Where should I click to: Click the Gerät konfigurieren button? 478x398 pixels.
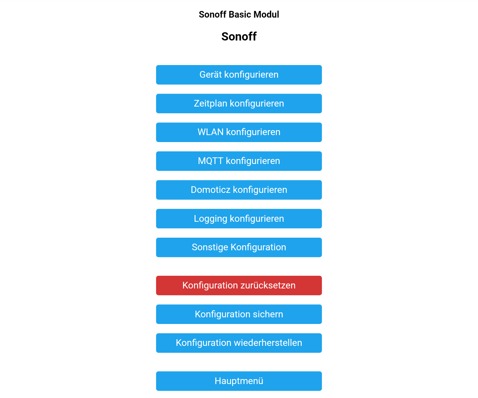coord(239,75)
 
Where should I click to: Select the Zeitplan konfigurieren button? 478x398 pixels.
coord(239,104)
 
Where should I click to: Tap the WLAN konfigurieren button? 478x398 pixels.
coord(239,132)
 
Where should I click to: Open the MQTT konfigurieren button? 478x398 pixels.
coord(239,161)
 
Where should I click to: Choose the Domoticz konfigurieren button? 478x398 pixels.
coord(239,190)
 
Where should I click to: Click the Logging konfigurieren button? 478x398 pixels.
coord(239,218)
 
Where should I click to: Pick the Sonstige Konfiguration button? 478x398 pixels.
coord(239,247)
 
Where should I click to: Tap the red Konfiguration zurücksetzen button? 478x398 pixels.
coord(239,285)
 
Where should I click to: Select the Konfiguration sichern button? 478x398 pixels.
coord(239,314)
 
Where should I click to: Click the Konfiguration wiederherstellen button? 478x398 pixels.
coord(239,343)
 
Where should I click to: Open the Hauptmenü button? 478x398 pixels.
coord(239,381)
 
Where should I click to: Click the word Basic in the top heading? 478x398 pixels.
coord(240,15)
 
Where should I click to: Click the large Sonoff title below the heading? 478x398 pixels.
coord(239,37)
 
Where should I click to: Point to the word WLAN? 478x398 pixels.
coord(210,132)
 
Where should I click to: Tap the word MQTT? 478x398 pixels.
coord(210,161)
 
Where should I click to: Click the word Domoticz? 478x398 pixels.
coord(210,190)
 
